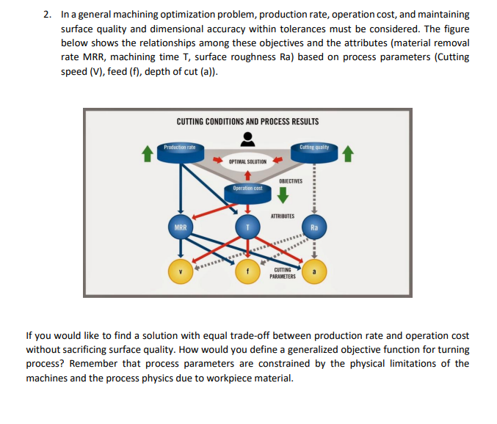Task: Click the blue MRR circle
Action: pyautogui.click(x=179, y=227)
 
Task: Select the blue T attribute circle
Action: pyautogui.click(x=247, y=227)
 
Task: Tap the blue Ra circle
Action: pyautogui.click(x=314, y=227)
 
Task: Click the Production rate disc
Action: pyautogui.click(x=180, y=151)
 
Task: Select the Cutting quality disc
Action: pyautogui.click(x=314, y=151)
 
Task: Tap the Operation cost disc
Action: pyautogui.click(x=247, y=192)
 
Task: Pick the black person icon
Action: pyautogui.click(x=248, y=139)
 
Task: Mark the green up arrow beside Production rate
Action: pyautogui.click(x=148, y=153)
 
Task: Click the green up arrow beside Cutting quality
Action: pyautogui.click(x=348, y=153)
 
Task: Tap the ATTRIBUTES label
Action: pyautogui.click(x=283, y=216)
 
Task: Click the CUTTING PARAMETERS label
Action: pyautogui.click(x=283, y=274)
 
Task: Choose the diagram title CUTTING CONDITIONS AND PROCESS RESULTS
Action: pyautogui.click(x=247, y=121)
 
